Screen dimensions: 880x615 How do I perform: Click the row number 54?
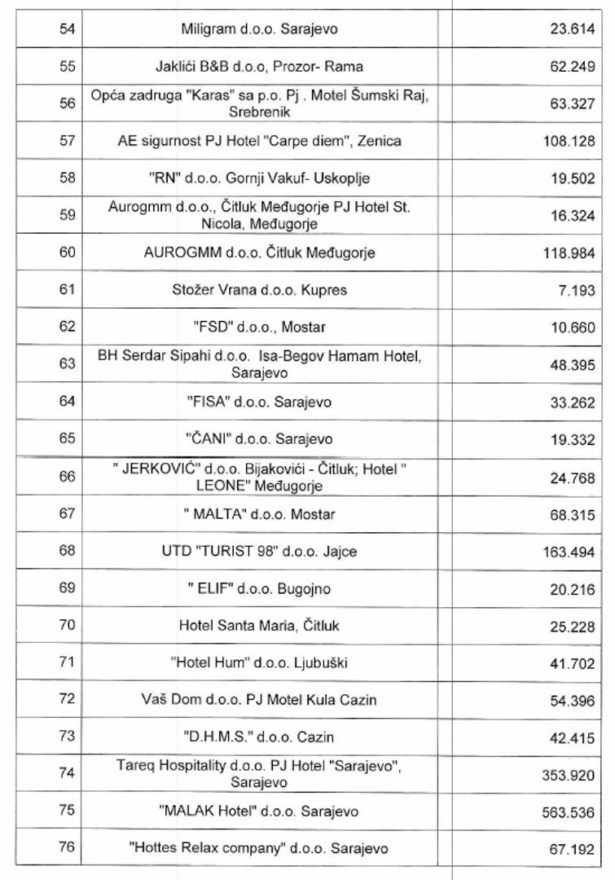pos(67,29)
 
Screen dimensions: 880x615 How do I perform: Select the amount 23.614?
pos(572,30)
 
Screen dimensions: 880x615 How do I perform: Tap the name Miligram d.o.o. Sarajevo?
pos(259,29)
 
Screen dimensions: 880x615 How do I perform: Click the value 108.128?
pos(569,142)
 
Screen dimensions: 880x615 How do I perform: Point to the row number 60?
pos(67,253)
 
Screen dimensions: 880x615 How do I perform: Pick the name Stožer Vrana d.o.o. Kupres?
pos(259,290)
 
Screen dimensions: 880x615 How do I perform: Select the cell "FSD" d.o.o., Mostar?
pos(259,327)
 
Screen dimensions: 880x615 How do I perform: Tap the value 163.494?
pos(569,552)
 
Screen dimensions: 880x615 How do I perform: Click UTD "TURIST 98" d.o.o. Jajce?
pos(259,552)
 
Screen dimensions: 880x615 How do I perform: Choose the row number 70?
pos(67,626)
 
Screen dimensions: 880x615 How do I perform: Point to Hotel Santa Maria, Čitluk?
pos(259,626)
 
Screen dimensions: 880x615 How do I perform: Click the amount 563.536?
pos(569,812)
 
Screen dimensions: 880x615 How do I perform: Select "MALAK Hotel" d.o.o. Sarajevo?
pos(259,812)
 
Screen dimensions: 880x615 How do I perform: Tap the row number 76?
pos(67,848)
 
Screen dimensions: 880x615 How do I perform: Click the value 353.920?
pos(569,776)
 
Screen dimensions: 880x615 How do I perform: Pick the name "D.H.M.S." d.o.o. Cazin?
pos(259,737)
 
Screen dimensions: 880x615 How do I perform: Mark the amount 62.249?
pos(572,67)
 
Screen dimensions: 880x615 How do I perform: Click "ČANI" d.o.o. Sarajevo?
pos(259,438)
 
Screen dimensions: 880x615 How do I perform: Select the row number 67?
pos(67,514)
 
